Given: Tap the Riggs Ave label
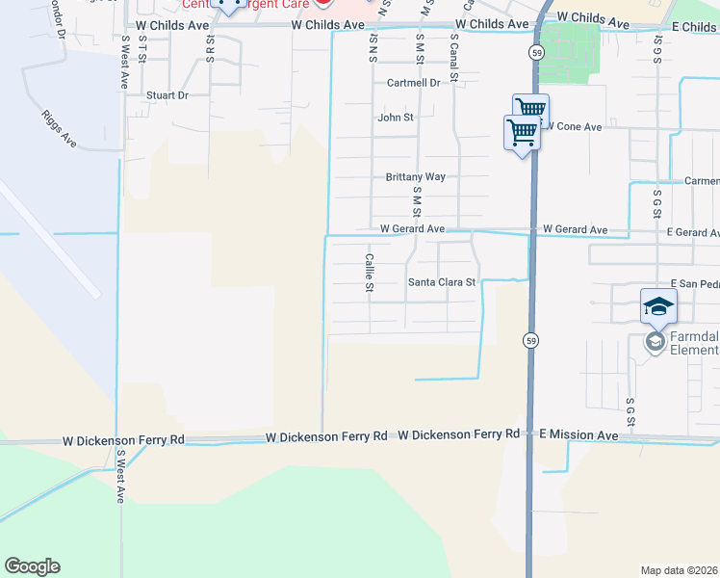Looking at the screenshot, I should click(x=59, y=126).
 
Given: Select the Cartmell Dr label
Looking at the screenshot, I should click(x=413, y=83).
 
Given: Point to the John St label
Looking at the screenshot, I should click(x=395, y=118).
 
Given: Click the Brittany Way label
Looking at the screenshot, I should click(x=415, y=177).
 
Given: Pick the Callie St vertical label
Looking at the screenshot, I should click(x=369, y=273).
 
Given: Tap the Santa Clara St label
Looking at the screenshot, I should click(x=442, y=282).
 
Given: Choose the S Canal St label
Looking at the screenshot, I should click(x=453, y=57).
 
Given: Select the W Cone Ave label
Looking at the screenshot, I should click(x=575, y=126).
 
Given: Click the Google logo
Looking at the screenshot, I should click(x=32, y=566).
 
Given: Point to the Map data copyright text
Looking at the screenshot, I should click(x=679, y=570).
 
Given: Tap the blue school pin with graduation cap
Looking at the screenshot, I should click(x=658, y=306).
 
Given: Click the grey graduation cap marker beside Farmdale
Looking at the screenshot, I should click(x=656, y=342).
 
